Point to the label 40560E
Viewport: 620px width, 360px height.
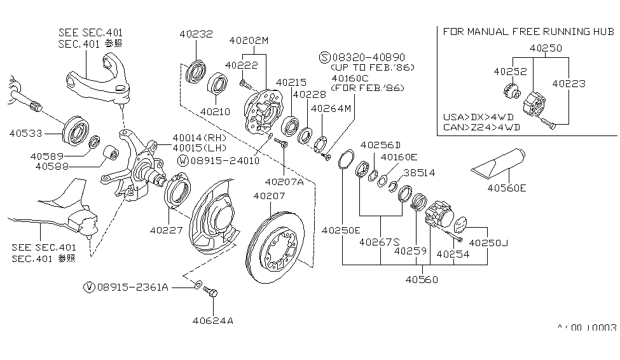507,188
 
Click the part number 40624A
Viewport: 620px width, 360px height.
212,320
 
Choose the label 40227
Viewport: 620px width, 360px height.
166,230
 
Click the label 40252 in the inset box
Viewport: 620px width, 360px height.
509,71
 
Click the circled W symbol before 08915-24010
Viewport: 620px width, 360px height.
183,161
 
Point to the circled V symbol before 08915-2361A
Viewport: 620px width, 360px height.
89,287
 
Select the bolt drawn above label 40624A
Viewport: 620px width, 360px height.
212,294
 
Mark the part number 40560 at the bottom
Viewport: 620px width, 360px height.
422,279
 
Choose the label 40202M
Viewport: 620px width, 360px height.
249,40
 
